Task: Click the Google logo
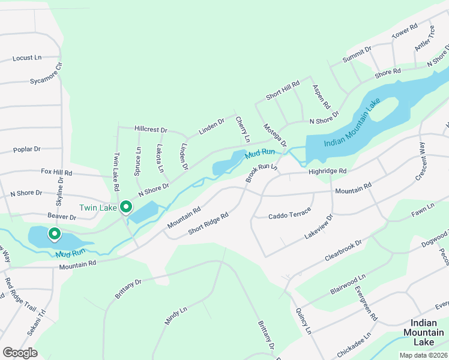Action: [x=20, y=353]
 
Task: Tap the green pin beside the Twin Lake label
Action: [x=126, y=208]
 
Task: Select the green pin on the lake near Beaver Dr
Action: [x=55, y=234]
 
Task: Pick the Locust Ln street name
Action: [x=27, y=58]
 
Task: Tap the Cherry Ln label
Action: [x=243, y=130]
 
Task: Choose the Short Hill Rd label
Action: [x=283, y=90]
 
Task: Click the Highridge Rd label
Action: [x=328, y=171]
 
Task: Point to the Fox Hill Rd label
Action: [x=56, y=172]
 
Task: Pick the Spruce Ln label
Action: [x=137, y=161]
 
